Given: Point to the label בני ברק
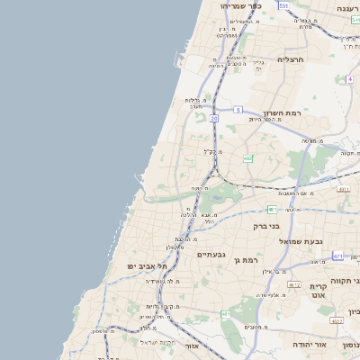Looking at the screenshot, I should tap(268, 225).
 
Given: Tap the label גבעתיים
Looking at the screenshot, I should tap(205, 254).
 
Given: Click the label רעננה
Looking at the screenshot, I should tap(347, 8).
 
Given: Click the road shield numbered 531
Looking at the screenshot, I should tap(283, 5).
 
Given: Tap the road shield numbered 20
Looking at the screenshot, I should tap(214, 119).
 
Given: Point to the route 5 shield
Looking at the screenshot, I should tap(238, 109).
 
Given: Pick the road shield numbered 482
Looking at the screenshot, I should tap(247, 158).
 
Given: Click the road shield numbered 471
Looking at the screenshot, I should tap(337, 256).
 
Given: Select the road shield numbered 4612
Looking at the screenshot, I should tap(294, 283).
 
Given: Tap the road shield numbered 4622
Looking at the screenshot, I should tap(337, 320).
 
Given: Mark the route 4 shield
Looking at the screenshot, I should tap(349, 79).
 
